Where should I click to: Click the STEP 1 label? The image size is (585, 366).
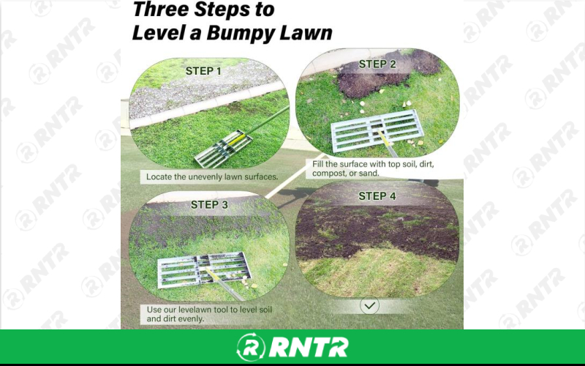[205, 71]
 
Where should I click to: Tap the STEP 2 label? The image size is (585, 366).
[377, 64]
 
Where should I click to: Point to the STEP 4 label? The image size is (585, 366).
[377, 196]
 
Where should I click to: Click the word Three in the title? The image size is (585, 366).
[162, 10]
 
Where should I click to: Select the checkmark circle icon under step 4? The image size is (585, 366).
[370, 305]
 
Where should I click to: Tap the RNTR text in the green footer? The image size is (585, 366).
[306, 347]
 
